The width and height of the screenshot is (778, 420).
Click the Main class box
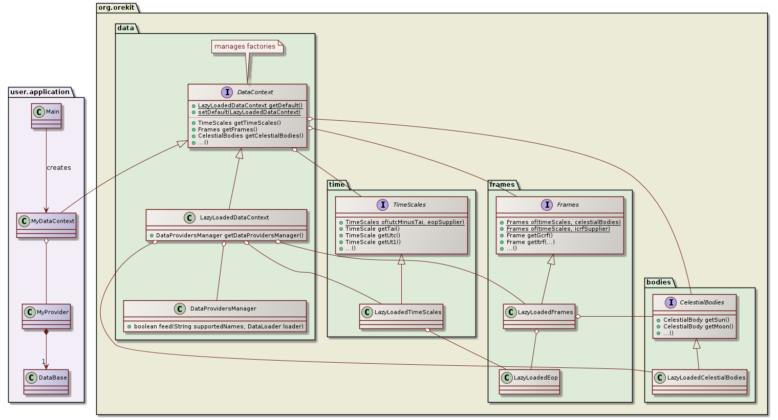coord(46,116)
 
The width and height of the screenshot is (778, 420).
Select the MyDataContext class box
coord(46,225)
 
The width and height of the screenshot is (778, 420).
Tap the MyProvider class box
coord(46,316)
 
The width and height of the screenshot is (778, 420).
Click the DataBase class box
coord(46,382)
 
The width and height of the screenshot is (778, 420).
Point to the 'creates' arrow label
coord(58,168)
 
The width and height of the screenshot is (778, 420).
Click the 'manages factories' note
coord(245,47)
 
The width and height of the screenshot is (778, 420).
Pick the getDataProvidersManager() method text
coord(229,235)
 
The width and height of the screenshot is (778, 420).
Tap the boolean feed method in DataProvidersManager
coord(219,326)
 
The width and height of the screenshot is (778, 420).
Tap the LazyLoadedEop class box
coord(530,382)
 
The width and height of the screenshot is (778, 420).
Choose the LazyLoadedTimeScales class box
coord(401,316)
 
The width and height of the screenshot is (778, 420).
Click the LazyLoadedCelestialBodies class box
coord(699,382)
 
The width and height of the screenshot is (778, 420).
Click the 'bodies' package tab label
coord(658,282)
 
